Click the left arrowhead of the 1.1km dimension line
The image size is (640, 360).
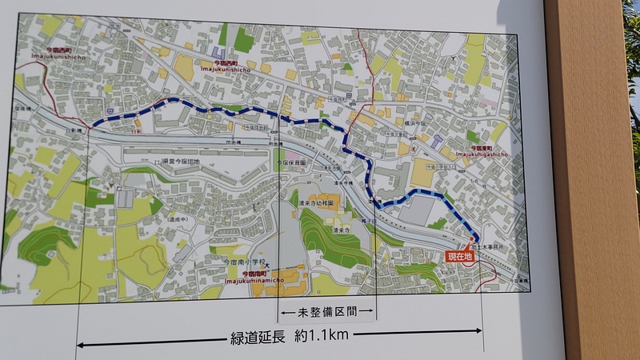pos(81,345)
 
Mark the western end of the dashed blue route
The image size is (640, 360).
pos(90,125)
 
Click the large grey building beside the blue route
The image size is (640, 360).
pos(422,210)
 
